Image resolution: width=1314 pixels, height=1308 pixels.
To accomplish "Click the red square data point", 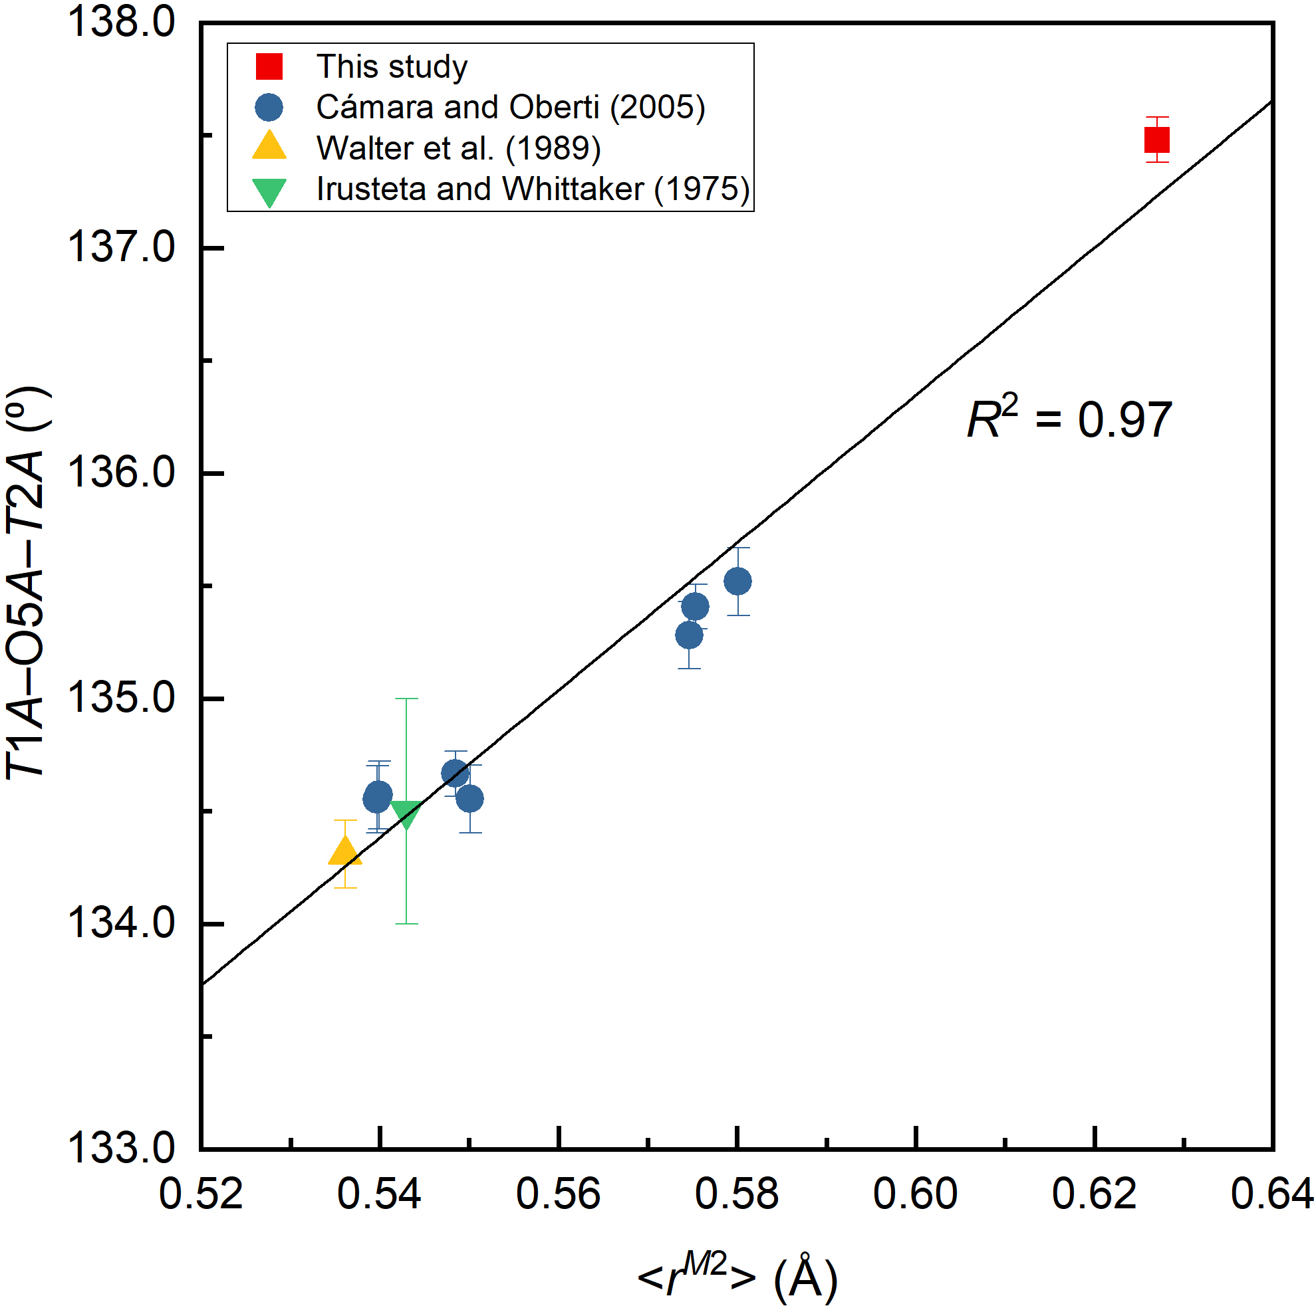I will [1157, 140].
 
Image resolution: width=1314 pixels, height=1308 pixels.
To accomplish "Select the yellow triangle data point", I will [345, 851].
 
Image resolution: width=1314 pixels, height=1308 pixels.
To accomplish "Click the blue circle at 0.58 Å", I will [738, 582].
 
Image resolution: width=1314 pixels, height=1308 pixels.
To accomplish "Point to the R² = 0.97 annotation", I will [1069, 419].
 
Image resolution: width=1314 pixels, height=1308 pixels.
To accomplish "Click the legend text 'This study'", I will [392, 66].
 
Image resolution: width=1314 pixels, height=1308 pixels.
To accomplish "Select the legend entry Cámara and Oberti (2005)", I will [510, 108].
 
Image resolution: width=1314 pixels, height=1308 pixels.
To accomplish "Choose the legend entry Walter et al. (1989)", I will [458, 148].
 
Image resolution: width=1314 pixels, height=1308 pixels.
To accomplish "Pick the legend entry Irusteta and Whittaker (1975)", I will [533, 189].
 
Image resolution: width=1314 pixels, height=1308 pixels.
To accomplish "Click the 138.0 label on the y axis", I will [121, 22].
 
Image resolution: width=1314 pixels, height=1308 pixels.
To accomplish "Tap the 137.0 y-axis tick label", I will [121, 247].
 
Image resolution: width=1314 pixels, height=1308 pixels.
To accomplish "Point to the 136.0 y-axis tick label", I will [121, 473].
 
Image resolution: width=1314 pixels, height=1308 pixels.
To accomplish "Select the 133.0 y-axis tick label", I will [121, 1149].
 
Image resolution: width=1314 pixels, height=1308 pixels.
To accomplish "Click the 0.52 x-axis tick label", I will [201, 1194].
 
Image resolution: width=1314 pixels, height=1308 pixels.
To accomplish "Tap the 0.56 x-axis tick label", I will [559, 1194].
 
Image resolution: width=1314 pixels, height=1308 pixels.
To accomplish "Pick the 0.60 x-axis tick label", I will [916, 1194].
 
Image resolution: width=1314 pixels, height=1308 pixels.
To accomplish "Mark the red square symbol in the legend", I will [269, 66].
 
